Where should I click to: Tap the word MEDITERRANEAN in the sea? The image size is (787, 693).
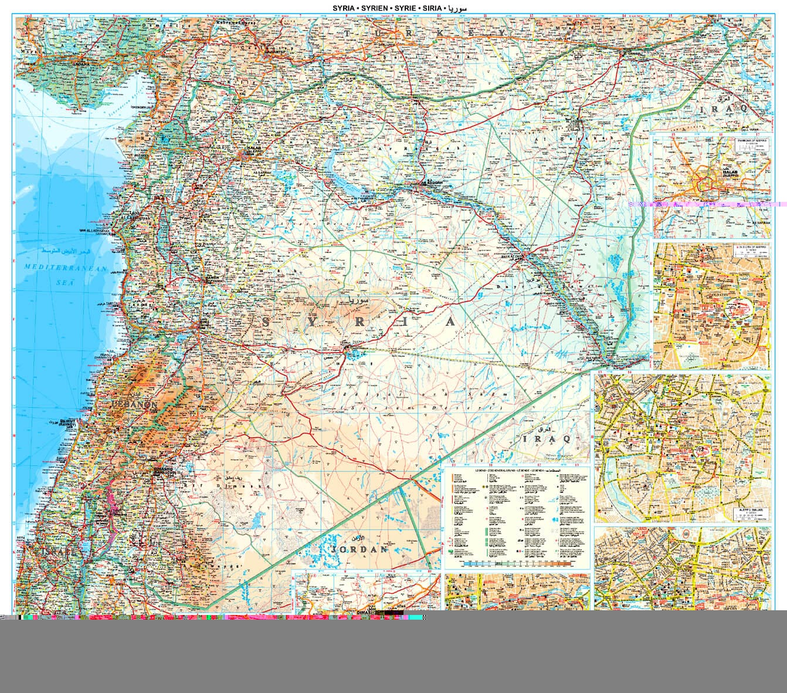point(66,268)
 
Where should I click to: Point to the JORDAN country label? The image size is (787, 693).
point(360,549)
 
